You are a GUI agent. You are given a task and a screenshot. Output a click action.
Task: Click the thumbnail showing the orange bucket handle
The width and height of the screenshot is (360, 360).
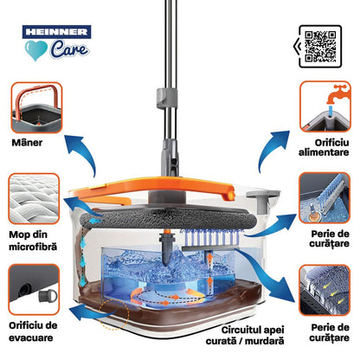[35, 105]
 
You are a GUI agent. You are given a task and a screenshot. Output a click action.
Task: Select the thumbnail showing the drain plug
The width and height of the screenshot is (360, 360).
[35, 289]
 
